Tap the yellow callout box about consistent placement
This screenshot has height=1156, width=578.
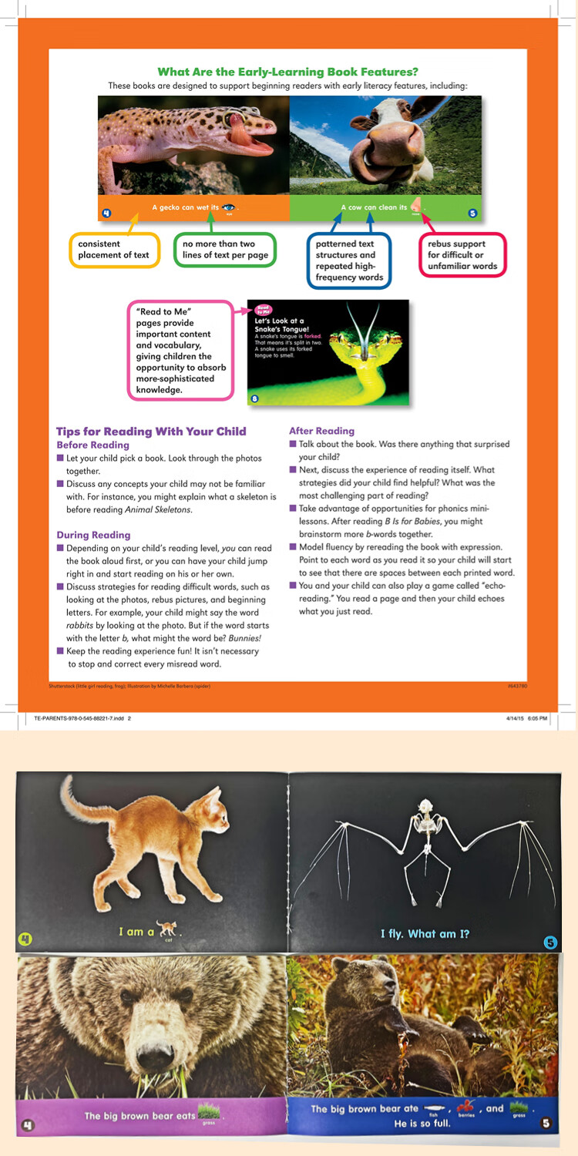tap(114, 250)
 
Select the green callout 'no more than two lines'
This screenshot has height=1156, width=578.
tap(224, 250)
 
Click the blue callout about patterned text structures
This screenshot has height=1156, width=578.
tap(348, 260)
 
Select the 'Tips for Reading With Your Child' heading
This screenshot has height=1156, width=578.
tap(151, 432)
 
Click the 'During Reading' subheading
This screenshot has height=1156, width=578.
tap(93, 535)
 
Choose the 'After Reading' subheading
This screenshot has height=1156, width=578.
tap(321, 431)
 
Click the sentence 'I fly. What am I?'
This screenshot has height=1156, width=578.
tap(425, 934)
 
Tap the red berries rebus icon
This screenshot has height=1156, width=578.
tap(464, 1108)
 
